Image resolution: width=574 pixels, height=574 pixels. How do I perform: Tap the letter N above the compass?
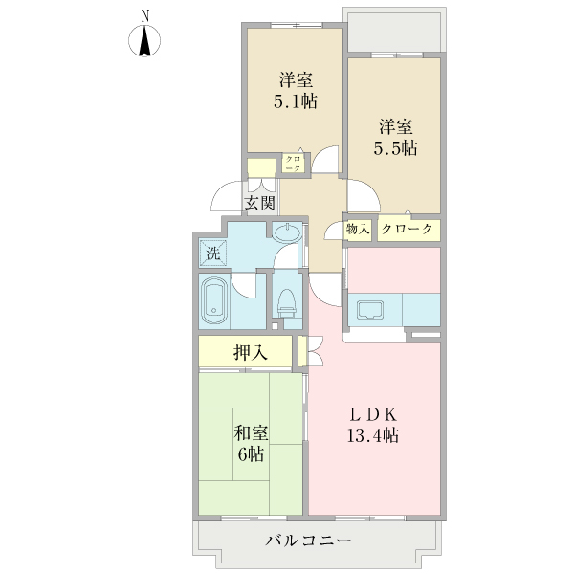point(144,15)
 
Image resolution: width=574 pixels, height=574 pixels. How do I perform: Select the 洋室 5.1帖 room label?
point(298,90)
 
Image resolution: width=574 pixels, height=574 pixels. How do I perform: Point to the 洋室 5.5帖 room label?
point(395,137)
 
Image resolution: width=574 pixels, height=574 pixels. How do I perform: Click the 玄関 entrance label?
point(259,203)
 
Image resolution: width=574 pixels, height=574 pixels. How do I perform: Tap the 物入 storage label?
point(358,230)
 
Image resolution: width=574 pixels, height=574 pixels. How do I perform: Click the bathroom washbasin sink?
point(287,233)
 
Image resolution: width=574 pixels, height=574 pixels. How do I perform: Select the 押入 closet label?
point(250,352)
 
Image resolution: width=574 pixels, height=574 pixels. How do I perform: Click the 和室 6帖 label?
point(251,442)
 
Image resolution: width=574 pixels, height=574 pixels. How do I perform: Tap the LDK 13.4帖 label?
point(373,425)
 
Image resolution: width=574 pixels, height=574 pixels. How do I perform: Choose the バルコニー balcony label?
point(310,541)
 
